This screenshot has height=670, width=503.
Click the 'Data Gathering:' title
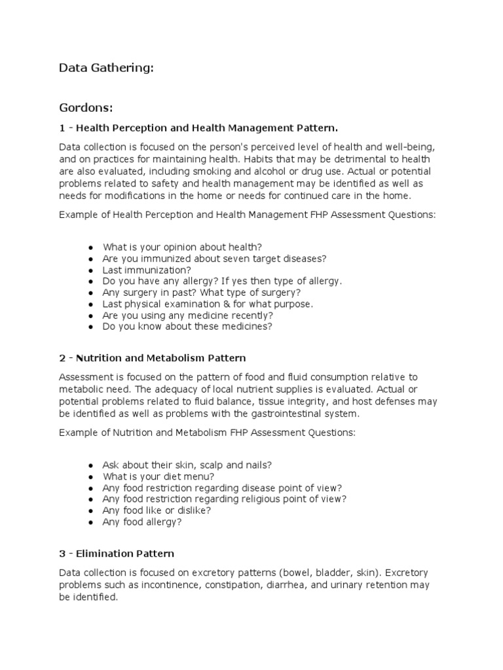106,67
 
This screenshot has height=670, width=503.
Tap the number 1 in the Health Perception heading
62,126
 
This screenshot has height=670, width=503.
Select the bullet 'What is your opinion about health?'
182,247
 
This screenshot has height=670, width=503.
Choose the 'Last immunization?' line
147,270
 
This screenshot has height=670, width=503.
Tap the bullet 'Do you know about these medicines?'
187,326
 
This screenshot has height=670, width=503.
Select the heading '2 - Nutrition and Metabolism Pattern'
152,358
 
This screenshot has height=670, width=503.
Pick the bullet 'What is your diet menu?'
158,476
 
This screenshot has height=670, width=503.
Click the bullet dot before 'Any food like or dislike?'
90,510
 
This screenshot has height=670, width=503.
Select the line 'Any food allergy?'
142,521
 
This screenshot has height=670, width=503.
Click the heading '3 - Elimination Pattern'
117,554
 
